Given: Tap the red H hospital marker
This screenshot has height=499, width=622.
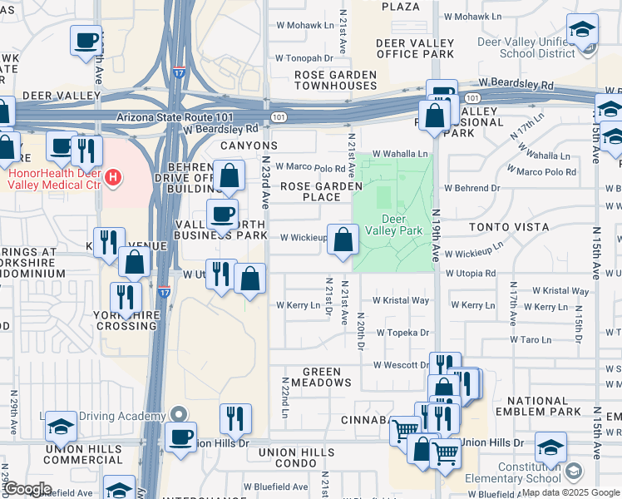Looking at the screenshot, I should click(x=112, y=177).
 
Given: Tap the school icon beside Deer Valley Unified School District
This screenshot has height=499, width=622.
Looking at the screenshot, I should click(x=582, y=31).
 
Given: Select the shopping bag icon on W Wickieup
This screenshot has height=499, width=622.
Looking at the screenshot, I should click(x=343, y=241).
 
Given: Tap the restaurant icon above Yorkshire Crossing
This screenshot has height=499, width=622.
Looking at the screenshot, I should click(x=126, y=298).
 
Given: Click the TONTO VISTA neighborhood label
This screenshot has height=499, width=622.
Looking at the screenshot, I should click(x=508, y=227).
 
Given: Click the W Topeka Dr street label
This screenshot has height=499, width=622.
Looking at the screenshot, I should click(x=402, y=333).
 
